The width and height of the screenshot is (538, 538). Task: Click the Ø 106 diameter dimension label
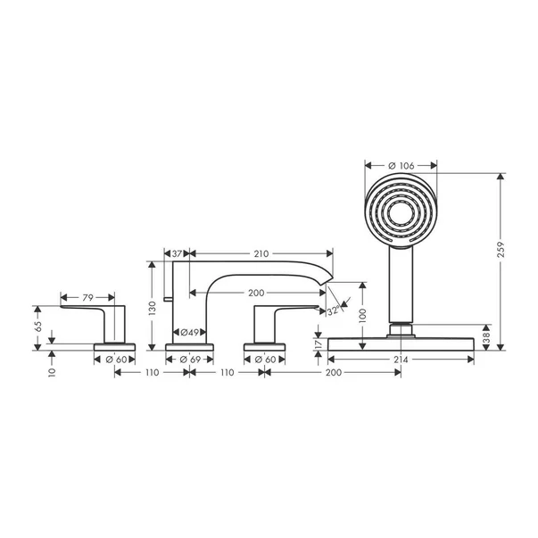(401, 166)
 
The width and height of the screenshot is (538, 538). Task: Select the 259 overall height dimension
(501, 250)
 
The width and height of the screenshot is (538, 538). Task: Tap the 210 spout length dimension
(261, 254)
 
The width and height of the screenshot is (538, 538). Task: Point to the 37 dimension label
(177, 254)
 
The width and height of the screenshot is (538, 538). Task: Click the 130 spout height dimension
(153, 308)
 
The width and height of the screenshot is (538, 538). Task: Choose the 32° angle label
(334, 310)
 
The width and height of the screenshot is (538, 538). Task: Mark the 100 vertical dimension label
(363, 315)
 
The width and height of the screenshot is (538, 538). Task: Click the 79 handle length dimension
(87, 297)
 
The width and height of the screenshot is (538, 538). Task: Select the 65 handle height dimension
(38, 326)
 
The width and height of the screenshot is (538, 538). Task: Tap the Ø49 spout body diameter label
(190, 332)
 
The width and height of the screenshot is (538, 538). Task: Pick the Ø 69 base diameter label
(190, 360)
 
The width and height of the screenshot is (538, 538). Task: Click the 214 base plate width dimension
(401, 360)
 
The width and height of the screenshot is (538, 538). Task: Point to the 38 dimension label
(486, 338)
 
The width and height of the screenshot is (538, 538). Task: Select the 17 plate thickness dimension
(319, 343)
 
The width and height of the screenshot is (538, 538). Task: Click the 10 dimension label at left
(52, 372)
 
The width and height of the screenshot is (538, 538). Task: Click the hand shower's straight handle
(401, 285)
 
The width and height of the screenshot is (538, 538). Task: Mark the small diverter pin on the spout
(168, 299)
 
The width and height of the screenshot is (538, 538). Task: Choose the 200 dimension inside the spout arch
(256, 293)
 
